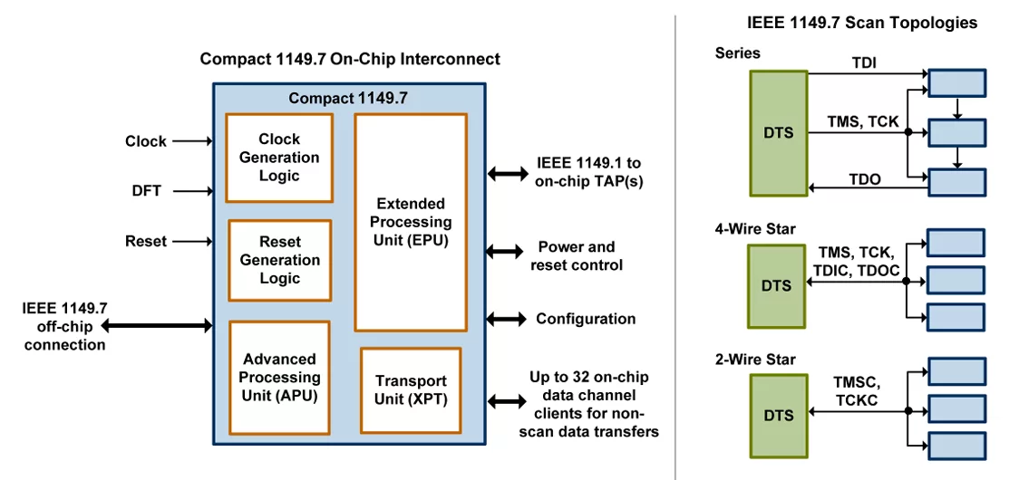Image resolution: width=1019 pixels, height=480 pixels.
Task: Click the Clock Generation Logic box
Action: (x=279, y=158)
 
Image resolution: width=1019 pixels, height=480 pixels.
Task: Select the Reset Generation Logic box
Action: (x=279, y=260)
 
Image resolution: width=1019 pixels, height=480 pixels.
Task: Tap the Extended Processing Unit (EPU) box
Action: (x=411, y=223)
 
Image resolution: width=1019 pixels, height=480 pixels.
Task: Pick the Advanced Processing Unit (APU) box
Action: (x=279, y=378)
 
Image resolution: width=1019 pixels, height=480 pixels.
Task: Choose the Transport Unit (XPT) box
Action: (x=411, y=390)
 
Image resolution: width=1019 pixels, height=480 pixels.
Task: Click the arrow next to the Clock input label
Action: (x=193, y=139)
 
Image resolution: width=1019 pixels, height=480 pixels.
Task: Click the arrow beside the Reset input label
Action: (x=193, y=242)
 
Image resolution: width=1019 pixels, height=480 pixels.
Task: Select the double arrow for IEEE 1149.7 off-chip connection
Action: (x=157, y=324)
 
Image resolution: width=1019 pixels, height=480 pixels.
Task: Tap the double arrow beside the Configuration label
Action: (x=507, y=318)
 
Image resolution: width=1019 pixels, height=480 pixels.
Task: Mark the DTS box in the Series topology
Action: (x=778, y=133)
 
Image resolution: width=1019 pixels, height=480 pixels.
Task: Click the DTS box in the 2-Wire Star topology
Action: (x=778, y=416)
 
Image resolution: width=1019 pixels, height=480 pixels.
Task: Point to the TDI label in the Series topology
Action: (x=864, y=62)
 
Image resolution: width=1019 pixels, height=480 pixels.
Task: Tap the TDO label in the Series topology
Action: (x=866, y=178)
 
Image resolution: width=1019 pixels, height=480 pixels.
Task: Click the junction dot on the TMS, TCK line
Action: (x=907, y=132)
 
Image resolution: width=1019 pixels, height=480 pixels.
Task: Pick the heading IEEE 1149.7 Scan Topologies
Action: (x=862, y=23)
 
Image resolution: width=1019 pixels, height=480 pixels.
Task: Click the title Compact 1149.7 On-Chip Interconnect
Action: (x=350, y=59)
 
